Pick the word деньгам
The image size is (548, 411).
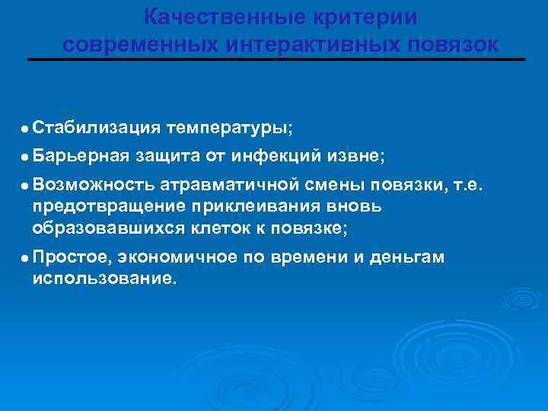coord(406,259)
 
